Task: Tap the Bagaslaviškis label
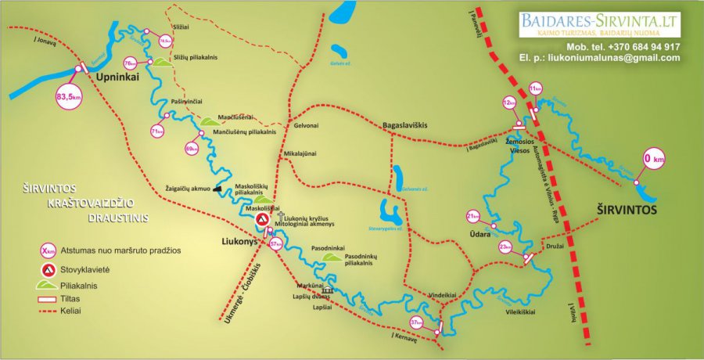coord(410,124)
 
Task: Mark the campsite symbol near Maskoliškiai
coord(263,223)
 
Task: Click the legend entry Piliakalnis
coord(86,286)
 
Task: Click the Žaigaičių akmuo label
coord(188,189)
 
